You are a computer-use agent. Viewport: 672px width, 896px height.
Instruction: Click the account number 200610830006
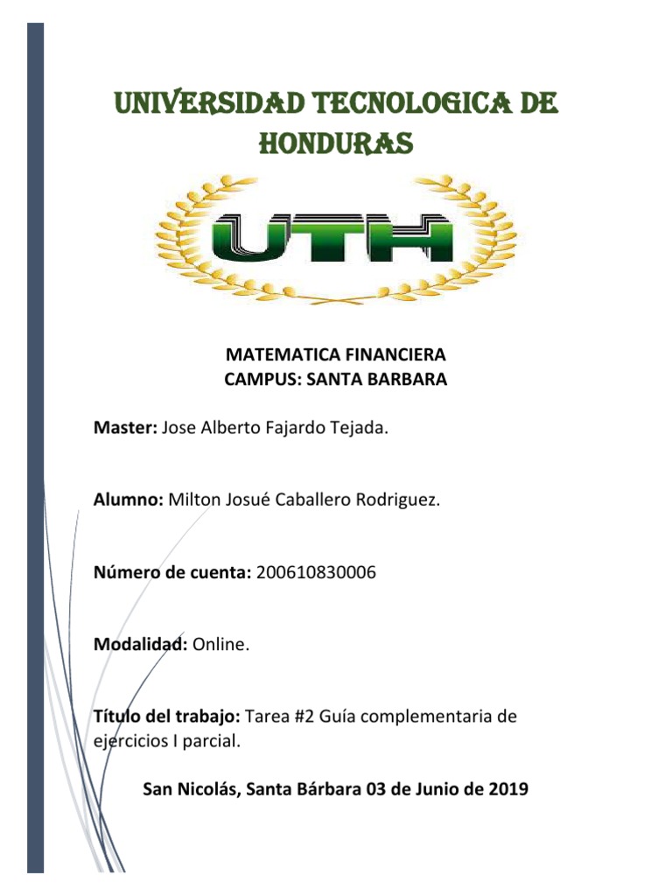click(317, 573)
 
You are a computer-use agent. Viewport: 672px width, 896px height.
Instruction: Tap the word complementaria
click(423, 717)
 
